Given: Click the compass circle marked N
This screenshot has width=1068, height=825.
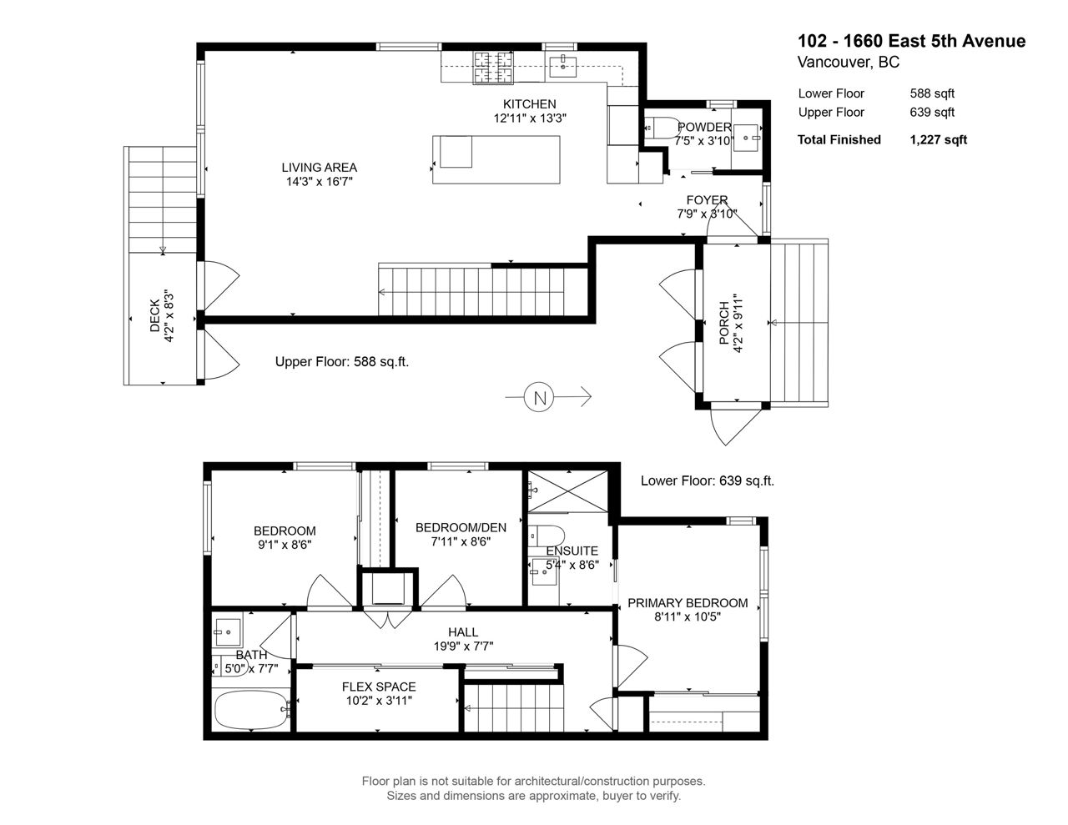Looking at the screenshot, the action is (539, 396).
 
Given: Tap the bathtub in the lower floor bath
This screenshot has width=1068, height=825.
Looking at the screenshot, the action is (251, 710).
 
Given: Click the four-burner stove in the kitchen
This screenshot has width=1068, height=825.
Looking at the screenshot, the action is (493, 67).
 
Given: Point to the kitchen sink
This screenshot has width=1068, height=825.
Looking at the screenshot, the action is (562, 67).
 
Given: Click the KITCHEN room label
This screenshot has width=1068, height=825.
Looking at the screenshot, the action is (529, 104).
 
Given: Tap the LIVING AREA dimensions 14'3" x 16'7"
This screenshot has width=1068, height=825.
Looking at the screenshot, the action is (320, 182).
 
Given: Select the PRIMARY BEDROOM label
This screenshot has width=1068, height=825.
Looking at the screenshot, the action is (688, 603).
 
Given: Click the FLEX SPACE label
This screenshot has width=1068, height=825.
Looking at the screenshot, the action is (379, 687).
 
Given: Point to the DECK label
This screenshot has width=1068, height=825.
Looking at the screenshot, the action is (155, 315).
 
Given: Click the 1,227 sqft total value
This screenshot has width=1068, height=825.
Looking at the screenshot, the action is (938, 140).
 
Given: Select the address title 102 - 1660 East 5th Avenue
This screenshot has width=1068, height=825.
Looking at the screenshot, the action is (912, 41).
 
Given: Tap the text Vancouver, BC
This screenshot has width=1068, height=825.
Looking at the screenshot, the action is (849, 62).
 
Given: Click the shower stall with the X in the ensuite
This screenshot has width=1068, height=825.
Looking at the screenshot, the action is (567, 491).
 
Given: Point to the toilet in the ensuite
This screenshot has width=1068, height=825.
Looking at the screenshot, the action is (546, 535).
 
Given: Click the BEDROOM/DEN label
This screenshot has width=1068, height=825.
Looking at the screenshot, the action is (461, 528).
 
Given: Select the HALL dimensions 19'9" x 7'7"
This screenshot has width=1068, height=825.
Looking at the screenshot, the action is (463, 646).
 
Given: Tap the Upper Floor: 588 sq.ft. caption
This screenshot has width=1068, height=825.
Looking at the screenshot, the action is (342, 362).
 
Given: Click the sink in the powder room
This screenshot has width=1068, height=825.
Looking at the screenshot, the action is (746, 138).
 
